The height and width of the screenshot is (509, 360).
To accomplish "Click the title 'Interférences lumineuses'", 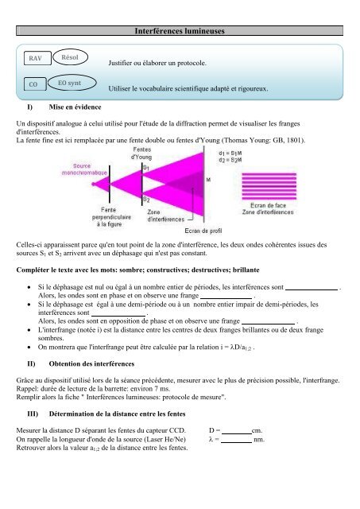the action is (180, 30).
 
